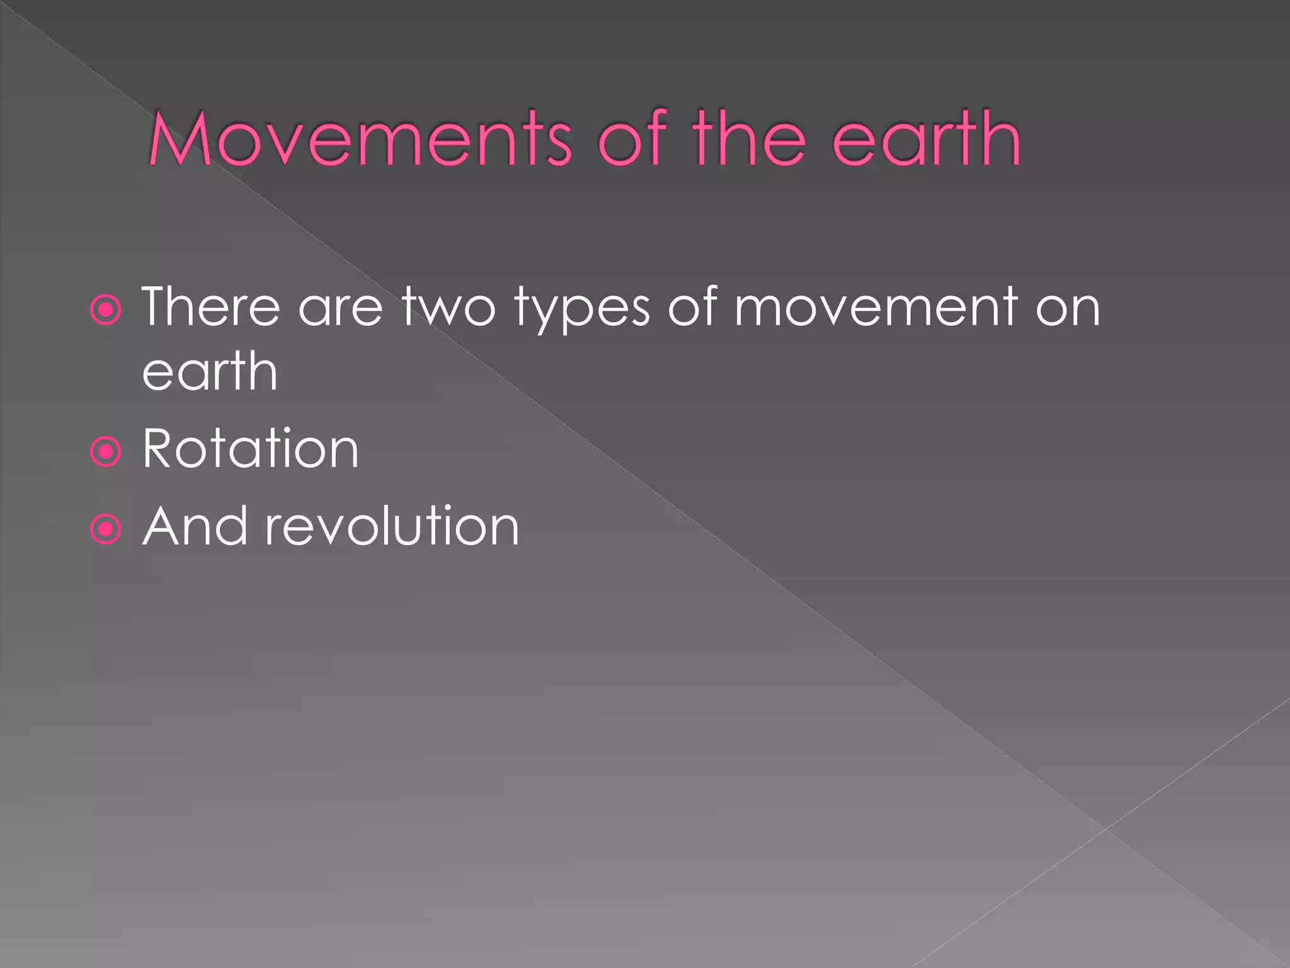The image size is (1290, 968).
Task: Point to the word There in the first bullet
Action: click(211, 307)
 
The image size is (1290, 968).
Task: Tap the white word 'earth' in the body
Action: click(210, 372)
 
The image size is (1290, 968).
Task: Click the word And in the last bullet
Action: click(194, 526)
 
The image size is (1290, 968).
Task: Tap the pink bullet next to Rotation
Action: click(105, 452)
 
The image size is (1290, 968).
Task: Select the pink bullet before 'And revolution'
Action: click(105, 529)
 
